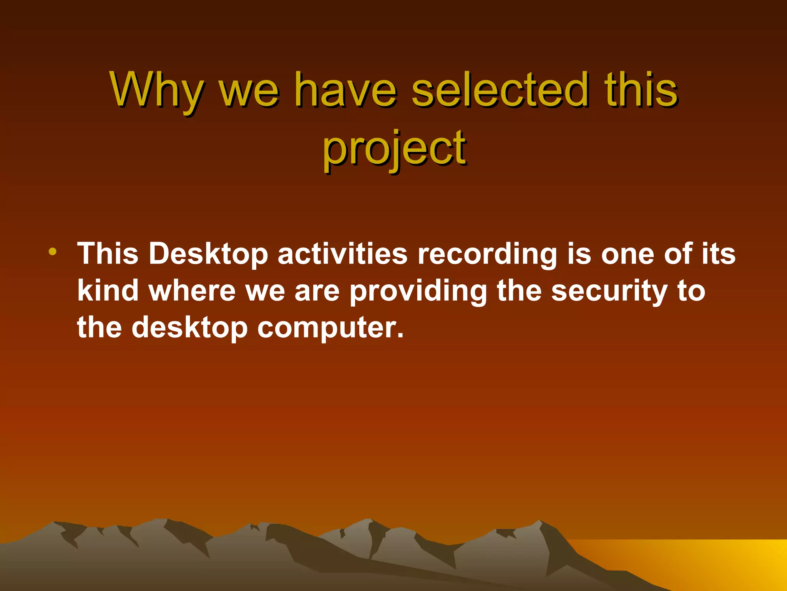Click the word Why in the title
coord(156,90)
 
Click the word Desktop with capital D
coord(208,254)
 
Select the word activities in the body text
coord(342,254)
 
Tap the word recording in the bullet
coord(487,254)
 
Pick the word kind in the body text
coord(108,290)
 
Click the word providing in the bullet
coord(418,291)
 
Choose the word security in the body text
coord(609,291)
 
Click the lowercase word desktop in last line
coord(189,328)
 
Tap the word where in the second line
coord(192,290)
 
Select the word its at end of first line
coord(718,254)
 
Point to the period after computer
coord(400,336)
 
